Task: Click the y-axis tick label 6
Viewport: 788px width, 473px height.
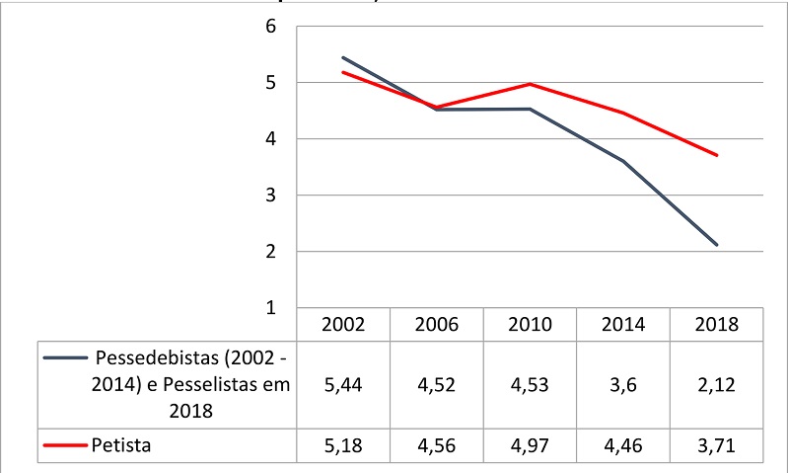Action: click(x=269, y=27)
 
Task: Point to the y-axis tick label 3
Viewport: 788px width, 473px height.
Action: click(x=269, y=196)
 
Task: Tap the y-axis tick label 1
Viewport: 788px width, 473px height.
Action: click(x=269, y=308)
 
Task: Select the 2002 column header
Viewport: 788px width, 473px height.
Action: click(x=343, y=325)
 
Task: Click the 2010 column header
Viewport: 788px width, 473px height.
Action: click(x=530, y=325)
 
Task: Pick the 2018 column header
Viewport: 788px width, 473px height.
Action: click(x=716, y=325)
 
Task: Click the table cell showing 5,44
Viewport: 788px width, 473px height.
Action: click(x=343, y=385)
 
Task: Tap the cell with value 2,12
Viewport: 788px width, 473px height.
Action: click(x=716, y=385)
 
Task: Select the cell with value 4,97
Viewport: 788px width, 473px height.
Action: click(x=530, y=445)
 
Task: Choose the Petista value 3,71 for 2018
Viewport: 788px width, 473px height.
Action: click(x=716, y=445)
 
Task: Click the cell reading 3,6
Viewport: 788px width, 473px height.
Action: click(x=623, y=385)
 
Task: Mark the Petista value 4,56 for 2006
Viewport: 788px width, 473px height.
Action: click(x=436, y=445)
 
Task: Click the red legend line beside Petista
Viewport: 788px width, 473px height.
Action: click(x=63, y=445)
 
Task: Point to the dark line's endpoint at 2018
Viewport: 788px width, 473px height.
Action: click(x=717, y=245)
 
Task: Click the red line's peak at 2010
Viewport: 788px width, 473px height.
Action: click(x=530, y=84)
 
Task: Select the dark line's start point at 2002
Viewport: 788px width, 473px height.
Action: click(x=343, y=57)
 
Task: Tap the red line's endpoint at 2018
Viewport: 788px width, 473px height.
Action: click(x=717, y=155)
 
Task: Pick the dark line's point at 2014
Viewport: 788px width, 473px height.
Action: click(x=623, y=161)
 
